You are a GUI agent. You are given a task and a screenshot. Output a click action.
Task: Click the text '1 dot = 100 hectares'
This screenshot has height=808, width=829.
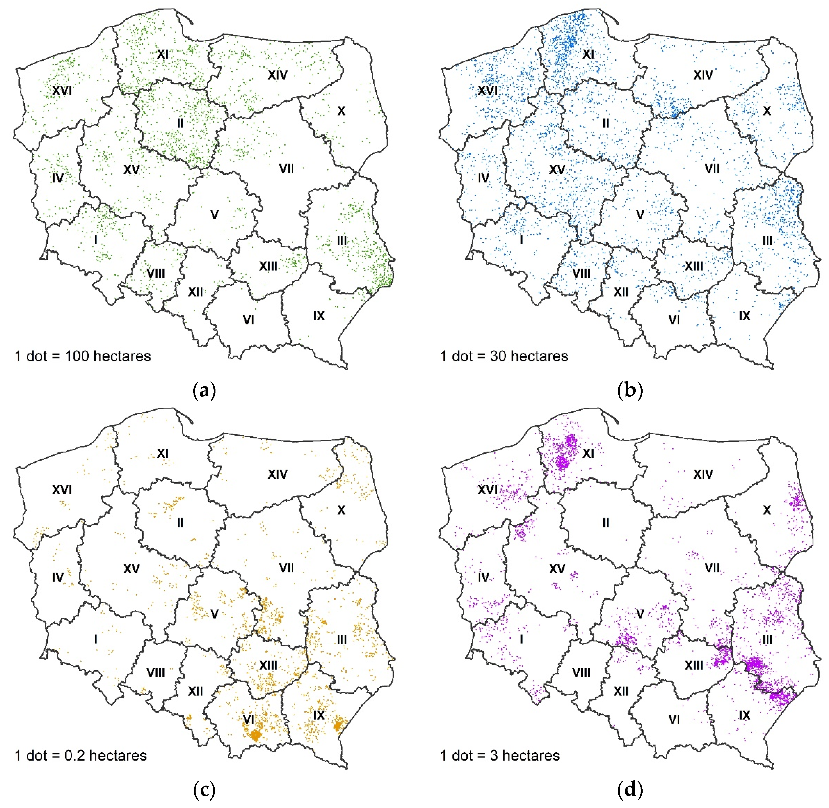click(83, 356)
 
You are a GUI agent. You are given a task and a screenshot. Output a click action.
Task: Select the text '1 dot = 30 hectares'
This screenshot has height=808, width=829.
click(504, 356)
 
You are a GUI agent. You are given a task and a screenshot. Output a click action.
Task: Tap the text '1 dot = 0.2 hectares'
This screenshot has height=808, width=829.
click(81, 756)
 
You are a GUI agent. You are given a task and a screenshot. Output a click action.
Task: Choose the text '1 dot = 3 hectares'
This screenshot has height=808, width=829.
click(500, 756)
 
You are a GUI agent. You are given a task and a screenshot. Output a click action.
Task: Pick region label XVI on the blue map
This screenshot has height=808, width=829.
click(488, 90)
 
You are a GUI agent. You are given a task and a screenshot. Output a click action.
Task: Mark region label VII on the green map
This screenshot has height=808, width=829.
click(286, 169)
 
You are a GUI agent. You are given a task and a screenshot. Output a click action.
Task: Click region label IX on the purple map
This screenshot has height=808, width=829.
click(745, 715)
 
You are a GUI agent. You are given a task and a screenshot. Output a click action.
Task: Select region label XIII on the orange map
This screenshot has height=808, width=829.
click(269, 665)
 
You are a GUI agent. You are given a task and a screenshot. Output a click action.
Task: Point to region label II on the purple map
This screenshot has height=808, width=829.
click(606, 522)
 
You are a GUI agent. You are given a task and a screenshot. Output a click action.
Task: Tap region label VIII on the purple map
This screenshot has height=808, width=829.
click(581, 673)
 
